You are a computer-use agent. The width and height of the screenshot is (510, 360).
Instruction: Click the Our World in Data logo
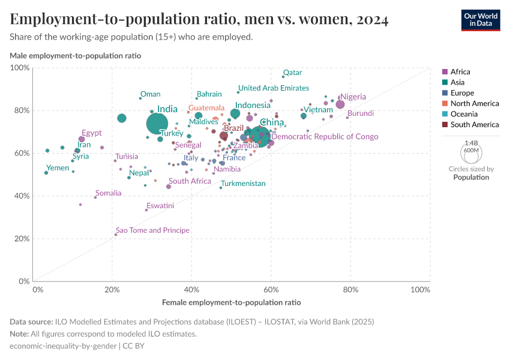[x=480, y=19]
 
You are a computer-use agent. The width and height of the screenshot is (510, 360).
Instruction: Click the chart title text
[x=199, y=20]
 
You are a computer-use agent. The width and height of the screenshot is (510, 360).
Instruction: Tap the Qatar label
[x=292, y=73]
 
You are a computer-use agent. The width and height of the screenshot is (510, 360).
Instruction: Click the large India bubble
[x=157, y=123]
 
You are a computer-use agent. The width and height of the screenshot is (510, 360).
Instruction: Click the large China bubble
[x=260, y=137]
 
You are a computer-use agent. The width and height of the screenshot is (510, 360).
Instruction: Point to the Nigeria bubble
[x=340, y=104]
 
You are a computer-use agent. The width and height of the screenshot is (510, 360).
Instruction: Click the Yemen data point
[x=46, y=173]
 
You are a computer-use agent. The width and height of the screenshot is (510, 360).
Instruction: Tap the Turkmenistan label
[x=243, y=184]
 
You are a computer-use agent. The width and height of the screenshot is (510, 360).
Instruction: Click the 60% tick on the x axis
[x=271, y=290]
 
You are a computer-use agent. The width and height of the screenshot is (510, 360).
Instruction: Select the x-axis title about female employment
[x=231, y=302]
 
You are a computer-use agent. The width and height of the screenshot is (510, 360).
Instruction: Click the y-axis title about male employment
[x=75, y=56]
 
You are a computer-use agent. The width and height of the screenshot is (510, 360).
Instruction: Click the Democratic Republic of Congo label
[x=325, y=137]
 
